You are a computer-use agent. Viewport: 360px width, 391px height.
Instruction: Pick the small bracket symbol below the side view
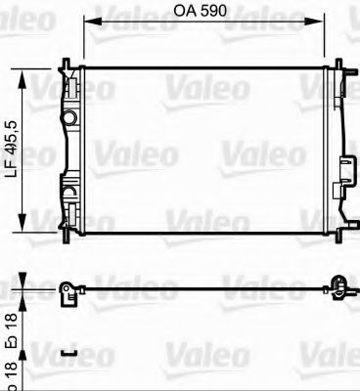pyautogui.click(x=67, y=352)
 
